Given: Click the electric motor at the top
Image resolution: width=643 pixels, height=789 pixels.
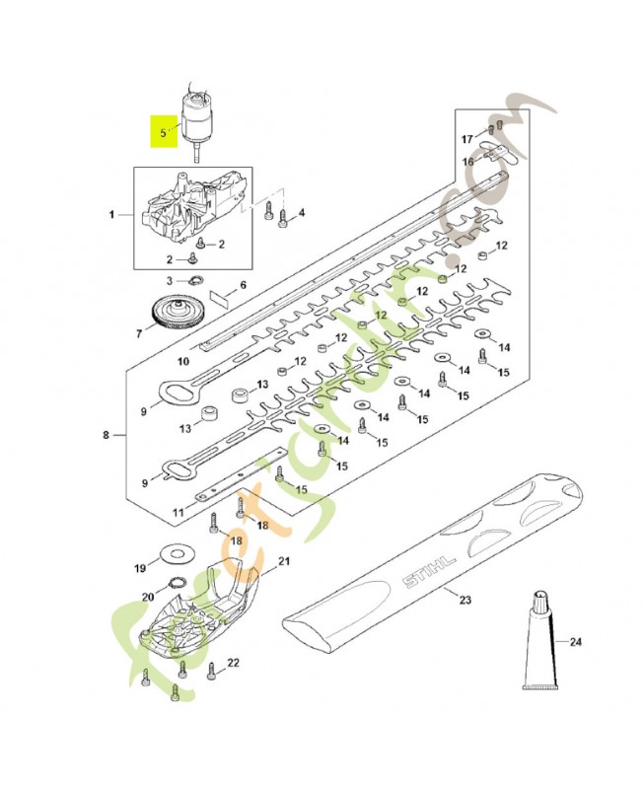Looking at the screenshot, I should [x=195, y=115].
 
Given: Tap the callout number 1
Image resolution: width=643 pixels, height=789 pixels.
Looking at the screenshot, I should [x=112, y=214].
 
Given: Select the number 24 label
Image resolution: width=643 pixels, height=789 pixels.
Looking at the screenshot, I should [x=575, y=642].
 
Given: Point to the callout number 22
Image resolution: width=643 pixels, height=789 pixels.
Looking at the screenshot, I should [x=233, y=664].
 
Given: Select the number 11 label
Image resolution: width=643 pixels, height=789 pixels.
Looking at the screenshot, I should [x=179, y=513].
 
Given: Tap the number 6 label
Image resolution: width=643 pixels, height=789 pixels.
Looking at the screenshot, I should [x=243, y=285].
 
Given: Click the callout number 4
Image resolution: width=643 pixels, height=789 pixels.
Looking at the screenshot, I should [x=301, y=213].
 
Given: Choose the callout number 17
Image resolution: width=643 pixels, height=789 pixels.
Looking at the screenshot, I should [x=468, y=139].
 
